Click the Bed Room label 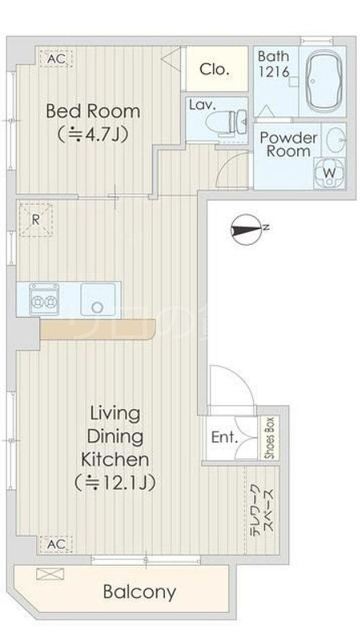(93, 111)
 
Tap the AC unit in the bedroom (56, 59)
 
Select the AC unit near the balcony (56, 544)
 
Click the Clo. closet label (214, 69)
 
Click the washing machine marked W (329, 173)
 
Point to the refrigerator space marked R (36, 220)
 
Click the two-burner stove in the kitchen (44, 299)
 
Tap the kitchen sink (98, 300)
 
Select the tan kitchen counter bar (98, 329)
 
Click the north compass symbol (247, 230)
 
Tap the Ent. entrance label (225, 437)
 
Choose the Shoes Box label (269, 438)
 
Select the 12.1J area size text (115, 483)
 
